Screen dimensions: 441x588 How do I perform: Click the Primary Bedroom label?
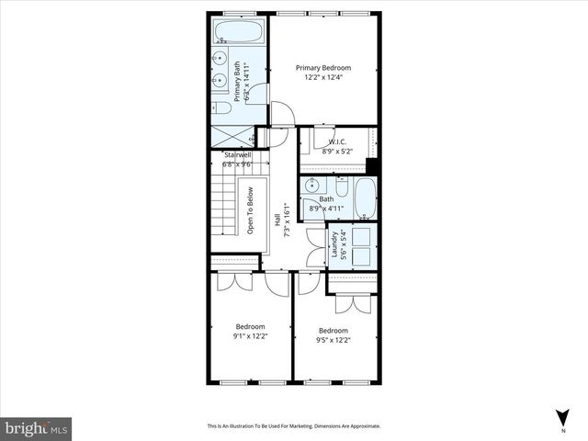click(x=322, y=67)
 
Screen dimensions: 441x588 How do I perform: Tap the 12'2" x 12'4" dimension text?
click(x=322, y=77)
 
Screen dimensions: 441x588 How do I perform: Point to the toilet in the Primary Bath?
click(x=222, y=107)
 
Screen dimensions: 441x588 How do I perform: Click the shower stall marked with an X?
click(x=232, y=135)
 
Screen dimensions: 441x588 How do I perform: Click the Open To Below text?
click(x=249, y=209)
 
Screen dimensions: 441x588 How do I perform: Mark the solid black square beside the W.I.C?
click(x=372, y=165)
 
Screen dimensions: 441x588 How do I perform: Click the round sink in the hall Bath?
click(x=311, y=185)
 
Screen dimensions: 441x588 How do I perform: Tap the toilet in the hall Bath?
click(x=341, y=189)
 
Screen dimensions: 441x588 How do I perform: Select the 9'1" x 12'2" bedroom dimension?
click(x=250, y=336)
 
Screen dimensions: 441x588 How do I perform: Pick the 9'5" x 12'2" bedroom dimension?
click(x=333, y=340)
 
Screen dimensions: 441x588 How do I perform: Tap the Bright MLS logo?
click(x=37, y=428)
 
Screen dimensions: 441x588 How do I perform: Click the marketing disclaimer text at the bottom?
click(x=293, y=426)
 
